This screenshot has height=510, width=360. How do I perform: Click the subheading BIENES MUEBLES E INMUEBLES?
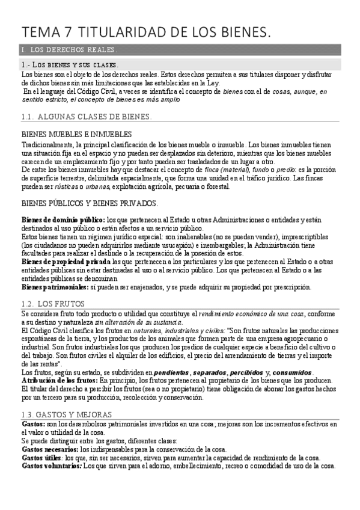coord(76,135)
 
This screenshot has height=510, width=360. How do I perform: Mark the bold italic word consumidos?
coord(295,372)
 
